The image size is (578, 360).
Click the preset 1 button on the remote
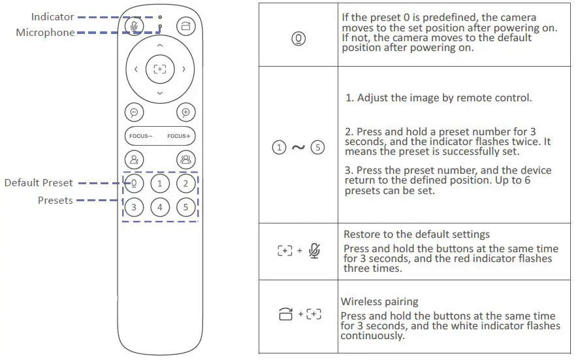tap(159, 184)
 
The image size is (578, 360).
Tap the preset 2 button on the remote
tap(185, 184)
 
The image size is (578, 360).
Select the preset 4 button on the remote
tap(159, 208)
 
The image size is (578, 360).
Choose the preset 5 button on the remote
tap(185, 208)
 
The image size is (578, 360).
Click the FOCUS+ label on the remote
tap(178, 136)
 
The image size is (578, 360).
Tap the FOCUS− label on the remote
tap(140, 136)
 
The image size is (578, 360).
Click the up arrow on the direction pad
tap(159, 45)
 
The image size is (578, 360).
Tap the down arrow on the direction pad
tap(159, 93)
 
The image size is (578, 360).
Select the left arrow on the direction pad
tap(136, 69)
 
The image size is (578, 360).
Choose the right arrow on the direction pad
tap(184, 69)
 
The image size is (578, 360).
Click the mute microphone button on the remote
tap(134, 25)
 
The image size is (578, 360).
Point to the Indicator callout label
tap(52, 16)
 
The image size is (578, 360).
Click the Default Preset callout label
tap(39, 183)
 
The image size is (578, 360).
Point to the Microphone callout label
tap(45, 33)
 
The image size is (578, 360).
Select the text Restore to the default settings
tap(417, 234)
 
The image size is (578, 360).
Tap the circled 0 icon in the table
tap(298, 39)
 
